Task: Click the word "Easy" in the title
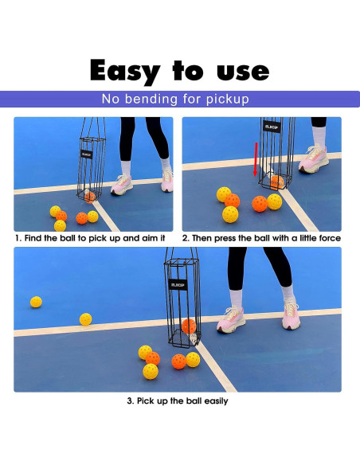pos(124,71)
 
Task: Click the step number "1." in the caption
pos(18,238)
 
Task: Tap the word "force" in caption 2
pos(326,238)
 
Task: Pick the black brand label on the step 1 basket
pos(88,154)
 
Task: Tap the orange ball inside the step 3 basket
pos(189,326)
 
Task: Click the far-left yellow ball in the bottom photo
pos(36,302)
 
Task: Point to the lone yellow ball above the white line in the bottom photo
pos(85,319)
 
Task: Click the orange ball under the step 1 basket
pos(90,196)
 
